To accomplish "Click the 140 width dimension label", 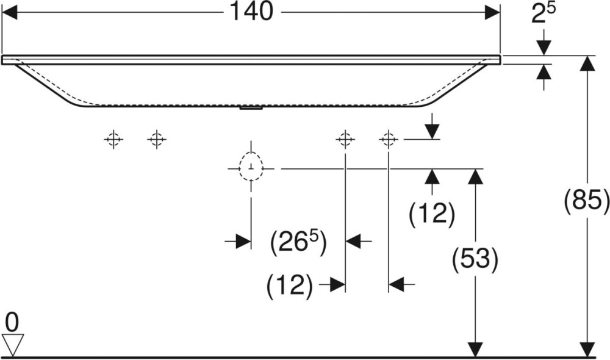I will pos(252,12).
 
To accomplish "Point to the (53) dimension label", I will pos(475,260).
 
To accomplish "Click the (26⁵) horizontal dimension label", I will pos(298,243).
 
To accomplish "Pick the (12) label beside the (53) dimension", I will pos(432,214).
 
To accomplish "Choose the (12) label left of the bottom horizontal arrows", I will pos(290,284).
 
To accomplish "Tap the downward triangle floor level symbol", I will pos(12,344).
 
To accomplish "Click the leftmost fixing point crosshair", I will pos(113,140).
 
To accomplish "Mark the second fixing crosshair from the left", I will pos(156,140).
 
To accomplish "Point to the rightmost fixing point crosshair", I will pos(388,140).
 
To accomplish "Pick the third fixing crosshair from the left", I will pos(345,140).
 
